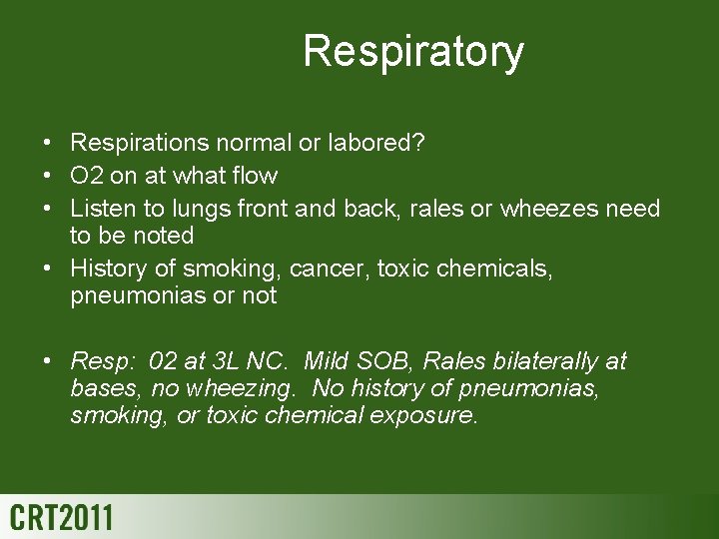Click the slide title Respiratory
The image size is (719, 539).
pyautogui.click(x=412, y=51)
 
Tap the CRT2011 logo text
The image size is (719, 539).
pyautogui.click(x=61, y=518)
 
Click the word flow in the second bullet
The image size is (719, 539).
pyautogui.click(x=255, y=177)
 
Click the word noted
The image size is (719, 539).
pyautogui.click(x=164, y=237)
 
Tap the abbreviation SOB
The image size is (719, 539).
pyautogui.click(x=392, y=360)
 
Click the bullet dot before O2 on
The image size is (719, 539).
pyautogui.click(x=49, y=177)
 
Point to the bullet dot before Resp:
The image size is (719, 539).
pyautogui.click(x=49, y=360)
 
